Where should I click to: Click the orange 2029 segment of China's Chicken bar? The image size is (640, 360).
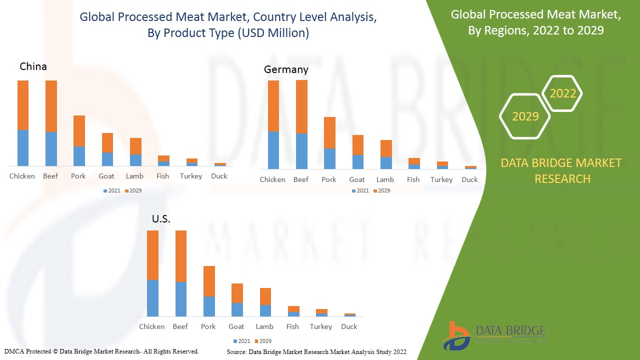click(x=23, y=105)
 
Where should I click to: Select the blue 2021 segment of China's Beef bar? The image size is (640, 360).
click(x=51, y=148)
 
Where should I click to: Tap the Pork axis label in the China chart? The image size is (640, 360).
click(x=78, y=176)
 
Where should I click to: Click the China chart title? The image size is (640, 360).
click(x=33, y=66)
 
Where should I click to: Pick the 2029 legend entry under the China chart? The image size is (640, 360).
click(x=133, y=190)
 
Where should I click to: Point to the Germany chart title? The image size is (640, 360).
click(x=286, y=69)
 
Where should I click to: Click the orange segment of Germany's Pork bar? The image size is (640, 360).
click(x=329, y=132)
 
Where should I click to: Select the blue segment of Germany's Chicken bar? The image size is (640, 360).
click(x=273, y=150)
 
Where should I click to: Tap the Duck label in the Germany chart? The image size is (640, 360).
click(x=469, y=179)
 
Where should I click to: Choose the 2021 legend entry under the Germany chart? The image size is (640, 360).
click(x=360, y=190)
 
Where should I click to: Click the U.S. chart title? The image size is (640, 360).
click(x=161, y=219)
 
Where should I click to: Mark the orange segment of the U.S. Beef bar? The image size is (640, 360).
click(x=180, y=256)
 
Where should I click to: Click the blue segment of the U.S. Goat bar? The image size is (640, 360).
click(x=237, y=309)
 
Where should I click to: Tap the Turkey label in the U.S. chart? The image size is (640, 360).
click(x=320, y=326)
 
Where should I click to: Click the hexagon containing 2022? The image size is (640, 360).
click(x=562, y=93)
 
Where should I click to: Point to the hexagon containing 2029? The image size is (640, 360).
click(x=525, y=116)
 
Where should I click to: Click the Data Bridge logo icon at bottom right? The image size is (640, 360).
click(x=455, y=335)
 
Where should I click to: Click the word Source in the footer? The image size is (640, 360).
click(x=237, y=352)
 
